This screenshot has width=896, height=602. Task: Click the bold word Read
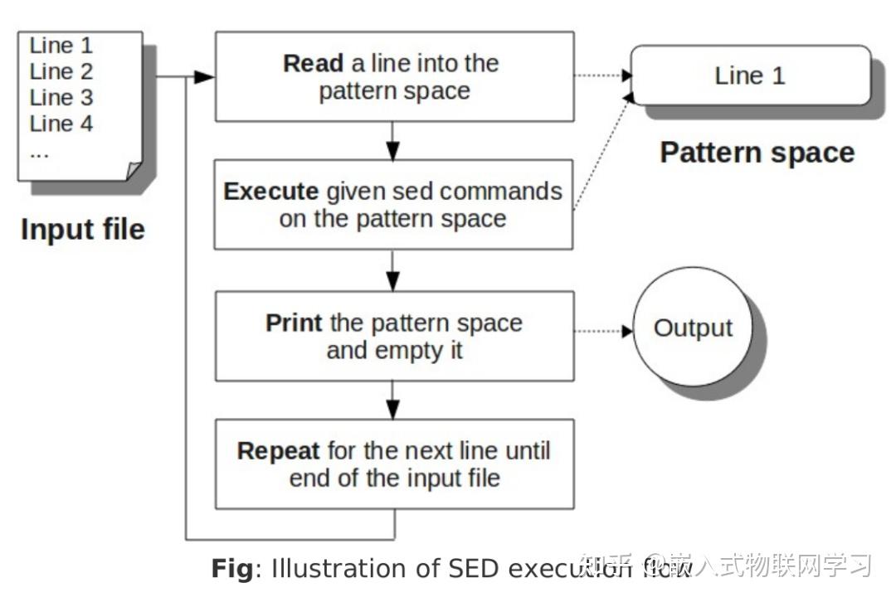click(312, 65)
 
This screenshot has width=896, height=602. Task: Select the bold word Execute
click(270, 192)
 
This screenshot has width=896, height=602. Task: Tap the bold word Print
click(295, 323)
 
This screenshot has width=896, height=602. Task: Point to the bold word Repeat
click(278, 451)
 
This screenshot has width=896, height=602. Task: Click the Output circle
click(693, 328)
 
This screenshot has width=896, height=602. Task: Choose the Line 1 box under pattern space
click(750, 75)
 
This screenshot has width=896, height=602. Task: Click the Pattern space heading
click(757, 153)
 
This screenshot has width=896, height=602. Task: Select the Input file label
click(82, 230)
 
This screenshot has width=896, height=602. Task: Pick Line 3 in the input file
click(61, 98)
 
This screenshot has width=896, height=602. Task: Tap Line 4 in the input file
click(61, 124)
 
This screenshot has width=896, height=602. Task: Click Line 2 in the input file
click(61, 71)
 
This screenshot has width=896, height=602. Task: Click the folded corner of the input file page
click(134, 171)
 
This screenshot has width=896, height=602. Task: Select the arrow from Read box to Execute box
click(393, 141)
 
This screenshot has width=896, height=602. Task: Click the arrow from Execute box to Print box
click(393, 270)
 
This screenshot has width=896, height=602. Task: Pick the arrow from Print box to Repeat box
click(393, 400)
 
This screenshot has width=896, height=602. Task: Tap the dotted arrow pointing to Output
click(603, 331)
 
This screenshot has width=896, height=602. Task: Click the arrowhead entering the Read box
click(204, 77)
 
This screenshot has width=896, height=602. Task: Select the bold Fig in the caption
click(231, 569)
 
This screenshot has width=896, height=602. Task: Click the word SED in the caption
click(475, 569)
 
